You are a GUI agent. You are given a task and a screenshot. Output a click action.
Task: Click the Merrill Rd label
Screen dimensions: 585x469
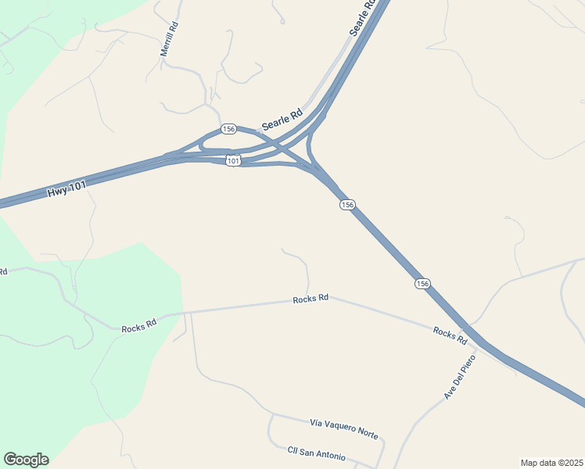click(x=169, y=38)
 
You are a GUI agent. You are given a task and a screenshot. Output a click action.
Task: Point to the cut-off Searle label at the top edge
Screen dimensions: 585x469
click(x=361, y=16)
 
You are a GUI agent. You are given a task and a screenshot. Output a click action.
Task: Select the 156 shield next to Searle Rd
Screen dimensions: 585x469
click(x=228, y=129)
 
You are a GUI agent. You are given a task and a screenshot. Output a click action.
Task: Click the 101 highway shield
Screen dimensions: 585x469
click(x=233, y=160)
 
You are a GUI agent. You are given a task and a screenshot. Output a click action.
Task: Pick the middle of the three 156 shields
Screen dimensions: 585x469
click(x=347, y=204)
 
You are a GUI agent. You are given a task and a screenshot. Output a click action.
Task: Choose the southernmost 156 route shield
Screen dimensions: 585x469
click(x=422, y=283)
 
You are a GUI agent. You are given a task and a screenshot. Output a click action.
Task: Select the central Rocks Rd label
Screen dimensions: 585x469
click(x=310, y=299)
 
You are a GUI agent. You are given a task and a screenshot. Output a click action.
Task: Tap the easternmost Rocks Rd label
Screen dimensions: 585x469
click(x=450, y=337)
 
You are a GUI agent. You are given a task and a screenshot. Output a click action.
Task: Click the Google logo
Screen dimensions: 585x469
click(x=26, y=460)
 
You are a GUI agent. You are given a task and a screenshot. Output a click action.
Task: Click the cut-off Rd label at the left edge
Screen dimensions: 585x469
click(x=3, y=271)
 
